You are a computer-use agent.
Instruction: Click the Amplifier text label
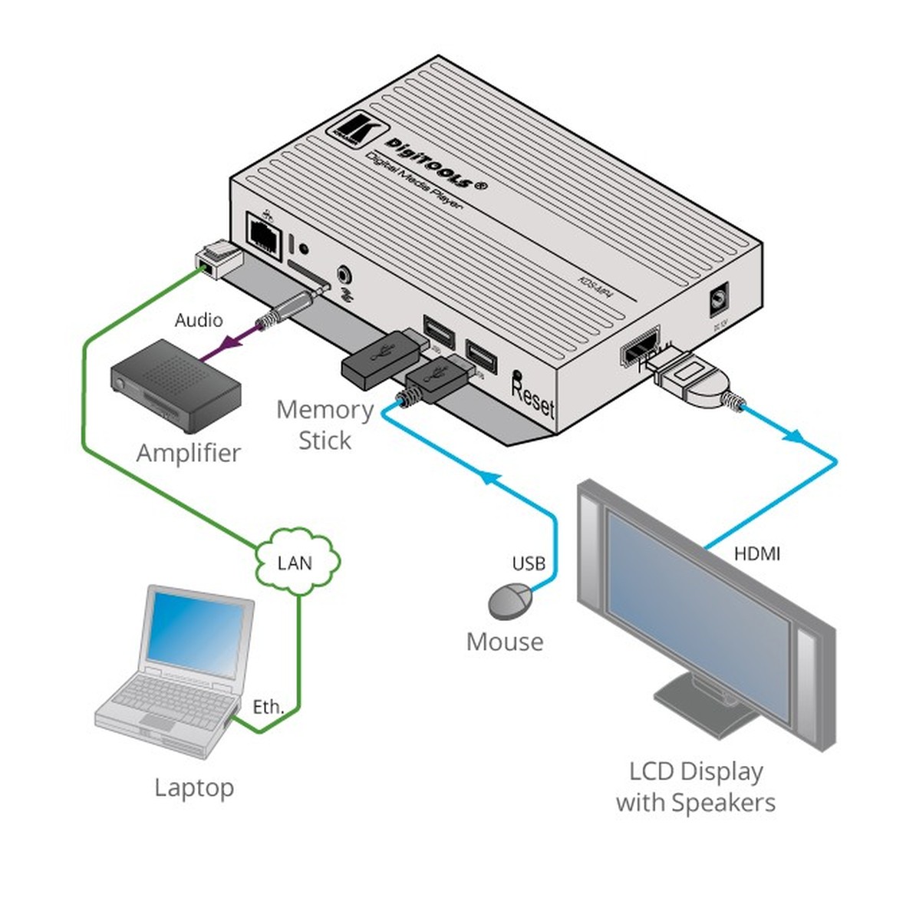pos(189,453)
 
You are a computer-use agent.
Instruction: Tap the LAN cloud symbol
pos(295,563)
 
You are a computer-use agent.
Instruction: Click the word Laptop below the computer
pos(194,787)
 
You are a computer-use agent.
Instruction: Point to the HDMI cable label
pos(756,553)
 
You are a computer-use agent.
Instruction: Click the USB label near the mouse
pos(529,564)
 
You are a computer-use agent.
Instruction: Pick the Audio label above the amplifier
pos(199,320)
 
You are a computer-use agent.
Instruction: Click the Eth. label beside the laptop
pos(269,707)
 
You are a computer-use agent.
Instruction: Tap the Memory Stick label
pos(325,425)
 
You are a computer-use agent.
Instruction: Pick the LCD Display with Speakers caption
pos(696,787)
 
